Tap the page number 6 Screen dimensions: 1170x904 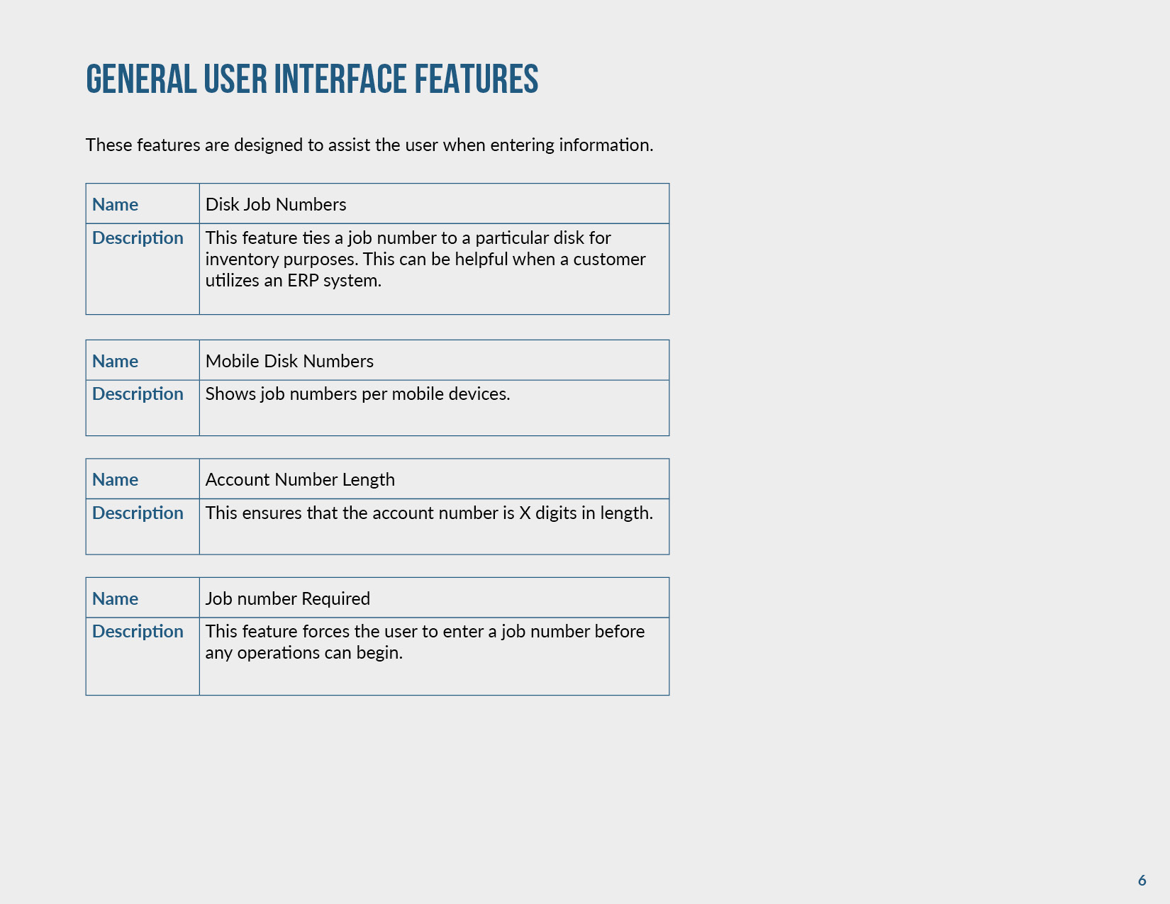(1142, 881)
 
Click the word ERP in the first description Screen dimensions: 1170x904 (303, 281)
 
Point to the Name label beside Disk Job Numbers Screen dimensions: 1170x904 (115, 205)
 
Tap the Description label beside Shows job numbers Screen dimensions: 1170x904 (138, 394)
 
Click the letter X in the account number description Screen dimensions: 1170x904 (525, 513)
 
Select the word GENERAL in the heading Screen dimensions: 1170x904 (141, 79)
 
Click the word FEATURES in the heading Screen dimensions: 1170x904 (476, 79)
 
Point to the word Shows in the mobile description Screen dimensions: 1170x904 (230, 394)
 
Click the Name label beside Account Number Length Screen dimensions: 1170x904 (115, 480)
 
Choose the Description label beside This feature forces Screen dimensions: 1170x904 (138, 632)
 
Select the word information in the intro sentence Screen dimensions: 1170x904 (606, 145)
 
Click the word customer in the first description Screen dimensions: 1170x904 (609, 260)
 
